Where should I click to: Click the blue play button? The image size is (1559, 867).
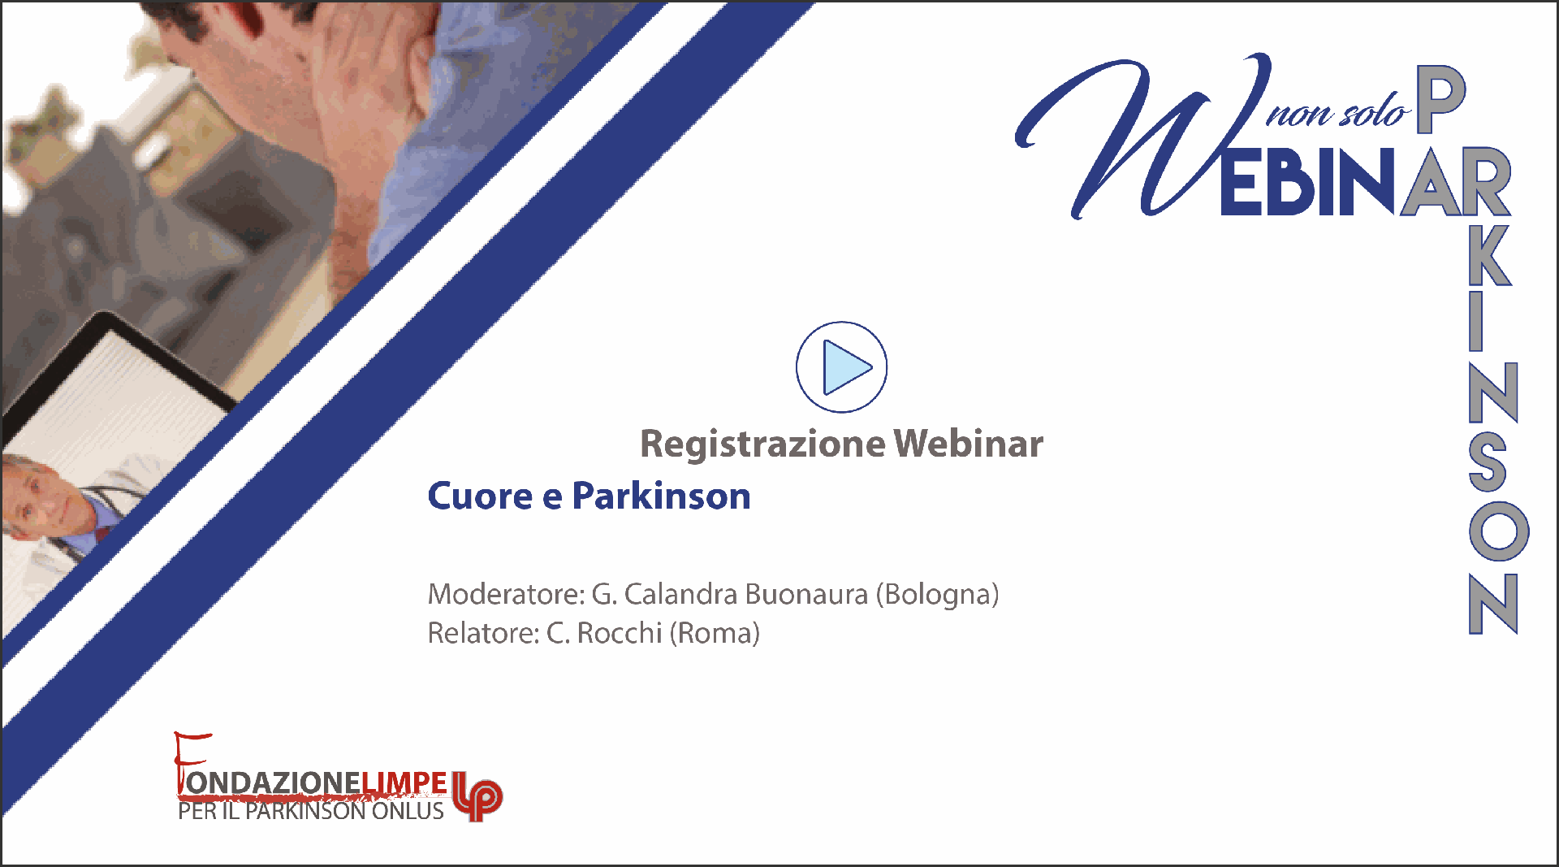pyautogui.click(x=841, y=367)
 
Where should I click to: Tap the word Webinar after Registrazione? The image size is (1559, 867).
pyautogui.click(x=969, y=444)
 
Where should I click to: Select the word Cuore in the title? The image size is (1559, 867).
pyautogui.click(x=480, y=496)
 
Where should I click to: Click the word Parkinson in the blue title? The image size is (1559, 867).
pyautogui.click(x=661, y=496)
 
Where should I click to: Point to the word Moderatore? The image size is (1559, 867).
pyautogui.click(x=506, y=594)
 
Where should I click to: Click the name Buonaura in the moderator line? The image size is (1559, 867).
pyautogui.click(x=806, y=594)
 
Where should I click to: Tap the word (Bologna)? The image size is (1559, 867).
pyautogui.click(x=937, y=595)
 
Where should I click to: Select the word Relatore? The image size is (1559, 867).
pyautogui.click(x=483, y=633)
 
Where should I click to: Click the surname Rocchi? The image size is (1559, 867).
pyautogui.click(x=620, y=633)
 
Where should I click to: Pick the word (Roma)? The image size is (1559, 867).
pyautogui.click(x=715, y=633)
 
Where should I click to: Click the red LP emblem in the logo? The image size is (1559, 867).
pyautogui.click(x=477, y=796)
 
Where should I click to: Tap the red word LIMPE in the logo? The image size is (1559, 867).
pyautogui.click(x=404, y=782)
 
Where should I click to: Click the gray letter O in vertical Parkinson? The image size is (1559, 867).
pyautogui.click(x=1499, y=531)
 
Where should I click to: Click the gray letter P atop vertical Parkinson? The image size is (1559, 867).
pyautogui.click(x=1441, y=98)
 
